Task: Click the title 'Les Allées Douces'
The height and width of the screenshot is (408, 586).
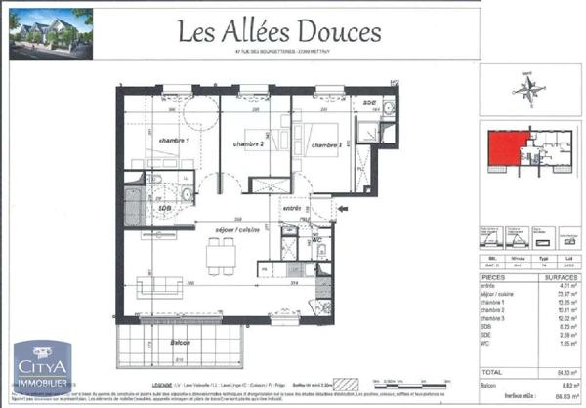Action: coord(278,32)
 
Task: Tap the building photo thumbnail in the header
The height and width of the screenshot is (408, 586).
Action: coord(51,30)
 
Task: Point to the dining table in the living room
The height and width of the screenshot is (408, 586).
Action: coord(220,256)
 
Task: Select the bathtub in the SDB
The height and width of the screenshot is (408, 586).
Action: coord(134,206)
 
